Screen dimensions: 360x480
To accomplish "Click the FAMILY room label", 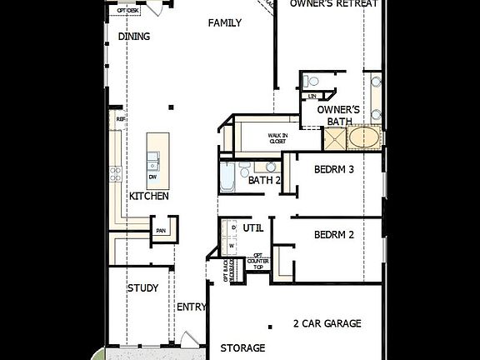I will tap(224, 23).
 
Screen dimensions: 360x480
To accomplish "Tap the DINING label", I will tap(134, 37).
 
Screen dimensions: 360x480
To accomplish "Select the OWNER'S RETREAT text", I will tap(334, 4).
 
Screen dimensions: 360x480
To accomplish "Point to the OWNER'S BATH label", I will tap(339, 115).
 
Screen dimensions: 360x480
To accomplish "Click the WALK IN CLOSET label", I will tap(277, 138).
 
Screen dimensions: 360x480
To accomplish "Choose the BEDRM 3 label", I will tap(334, 169).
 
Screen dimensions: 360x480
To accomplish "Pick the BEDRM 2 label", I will tap(334, 235).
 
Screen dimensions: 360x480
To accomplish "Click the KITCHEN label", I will tap(149, 197).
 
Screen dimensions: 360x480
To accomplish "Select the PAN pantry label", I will tap(161, 231).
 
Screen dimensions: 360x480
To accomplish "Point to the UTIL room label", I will tap(252, 227).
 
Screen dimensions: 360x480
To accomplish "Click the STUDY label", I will tap(142, 288).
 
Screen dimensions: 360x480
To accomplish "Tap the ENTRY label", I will tap(192, 307).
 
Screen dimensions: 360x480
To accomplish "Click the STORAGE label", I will tap(242, 347).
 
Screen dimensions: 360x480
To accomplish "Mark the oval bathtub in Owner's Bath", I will tap(364, 137).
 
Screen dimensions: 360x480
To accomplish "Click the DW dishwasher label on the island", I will tap(152, 177).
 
